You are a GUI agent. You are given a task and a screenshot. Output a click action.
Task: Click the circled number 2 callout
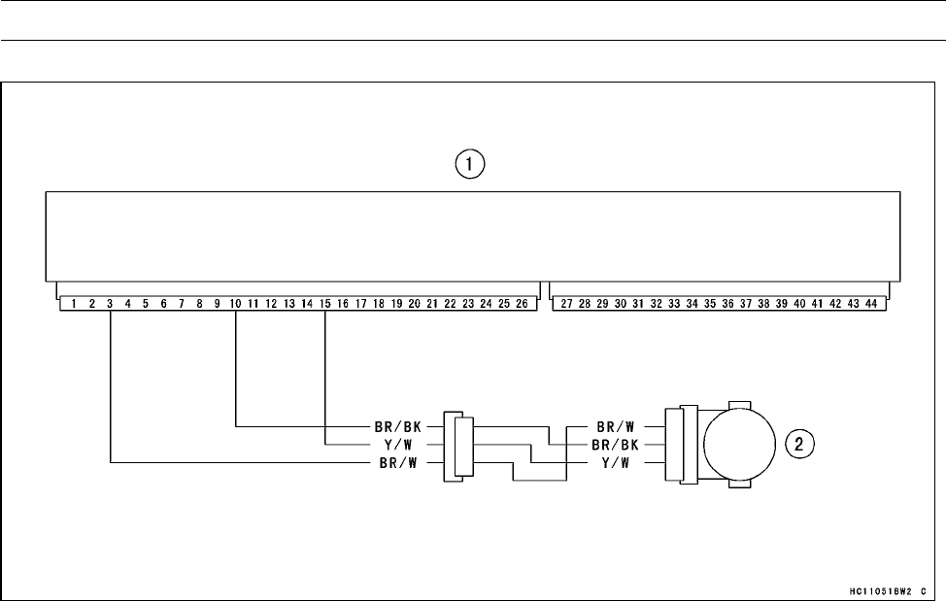798,445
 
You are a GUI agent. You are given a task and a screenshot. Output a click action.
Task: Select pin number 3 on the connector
110,304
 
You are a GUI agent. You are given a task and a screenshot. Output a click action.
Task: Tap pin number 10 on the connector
235,304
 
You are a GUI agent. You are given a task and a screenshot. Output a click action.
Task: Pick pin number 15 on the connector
325,304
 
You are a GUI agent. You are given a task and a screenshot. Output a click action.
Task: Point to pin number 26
522,304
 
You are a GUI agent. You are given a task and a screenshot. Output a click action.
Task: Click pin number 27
566,304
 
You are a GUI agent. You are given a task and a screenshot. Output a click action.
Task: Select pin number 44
871,304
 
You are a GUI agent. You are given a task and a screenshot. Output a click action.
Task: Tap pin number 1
74,304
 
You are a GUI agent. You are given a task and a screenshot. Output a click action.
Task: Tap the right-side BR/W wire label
617,426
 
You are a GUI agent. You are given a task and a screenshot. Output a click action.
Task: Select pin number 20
414,304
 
